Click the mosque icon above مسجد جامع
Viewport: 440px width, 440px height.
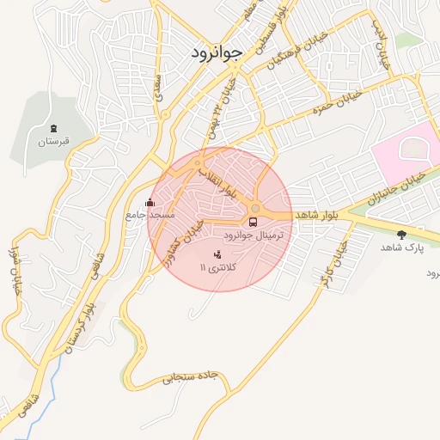tap(150, 202)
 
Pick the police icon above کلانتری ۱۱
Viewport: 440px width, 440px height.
tap(217, 254)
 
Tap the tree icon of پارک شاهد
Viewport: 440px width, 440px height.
tap(401, 235)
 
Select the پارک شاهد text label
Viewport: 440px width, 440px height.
tap(402, 247)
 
